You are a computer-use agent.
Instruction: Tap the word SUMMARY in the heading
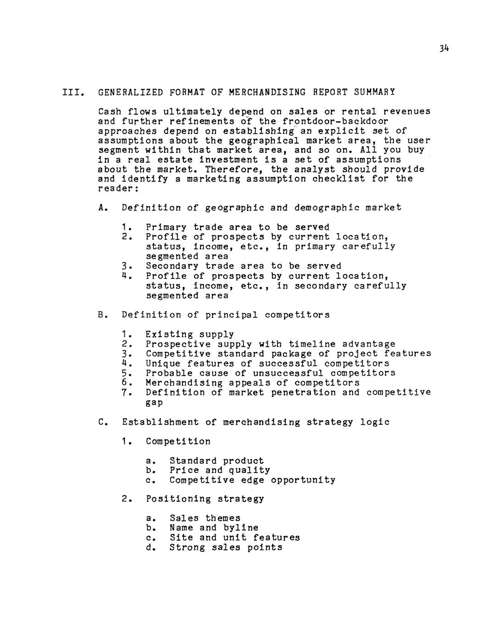[x=374, y=92]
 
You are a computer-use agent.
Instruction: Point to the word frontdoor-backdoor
[x=335, y=121]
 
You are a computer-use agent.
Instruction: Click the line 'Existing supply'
[x=189, y=334]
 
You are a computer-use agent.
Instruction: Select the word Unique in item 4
[x=163, y=363]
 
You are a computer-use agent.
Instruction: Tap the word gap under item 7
[x=154, y=403]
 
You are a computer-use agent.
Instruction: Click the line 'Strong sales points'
[x=226, y=547]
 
